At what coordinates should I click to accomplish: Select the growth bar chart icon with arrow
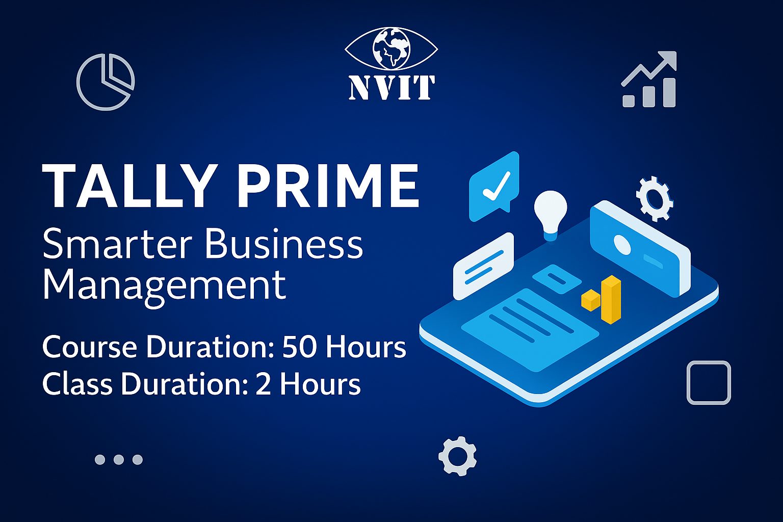(649, 80)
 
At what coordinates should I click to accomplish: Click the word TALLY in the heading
(128, 186)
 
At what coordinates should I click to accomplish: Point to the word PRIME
(328, 186)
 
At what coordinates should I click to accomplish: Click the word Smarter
(117, 243)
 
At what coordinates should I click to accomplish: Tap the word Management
(164, 285)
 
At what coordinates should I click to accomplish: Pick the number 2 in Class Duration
(263, 384)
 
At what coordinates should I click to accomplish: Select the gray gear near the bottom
(458, 456)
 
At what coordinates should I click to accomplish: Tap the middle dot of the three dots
(119, 459)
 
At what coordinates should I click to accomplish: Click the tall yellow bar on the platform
(611, 300)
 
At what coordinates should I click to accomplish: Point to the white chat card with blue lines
(484, 267)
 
